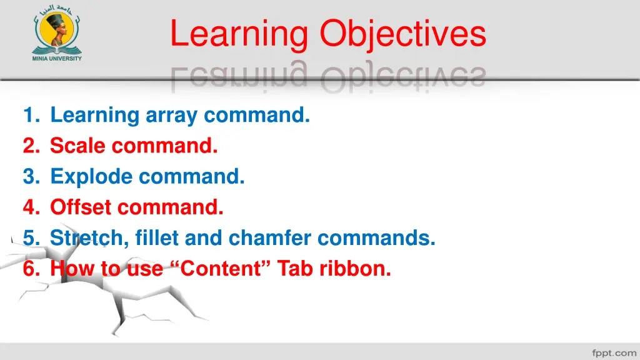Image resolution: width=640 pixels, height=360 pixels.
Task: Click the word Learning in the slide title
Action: click(238, 35)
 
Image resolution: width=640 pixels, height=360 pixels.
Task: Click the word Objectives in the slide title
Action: click(403, 35)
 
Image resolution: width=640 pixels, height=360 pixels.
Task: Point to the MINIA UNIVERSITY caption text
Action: click(57, 59)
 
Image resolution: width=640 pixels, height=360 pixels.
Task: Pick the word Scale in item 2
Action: click(78, 146)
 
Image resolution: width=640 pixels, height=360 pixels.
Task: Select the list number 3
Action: click(29, 176)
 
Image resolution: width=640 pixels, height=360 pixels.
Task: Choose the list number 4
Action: click(29, 207)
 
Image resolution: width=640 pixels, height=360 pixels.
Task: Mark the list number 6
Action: click(29, 269)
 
